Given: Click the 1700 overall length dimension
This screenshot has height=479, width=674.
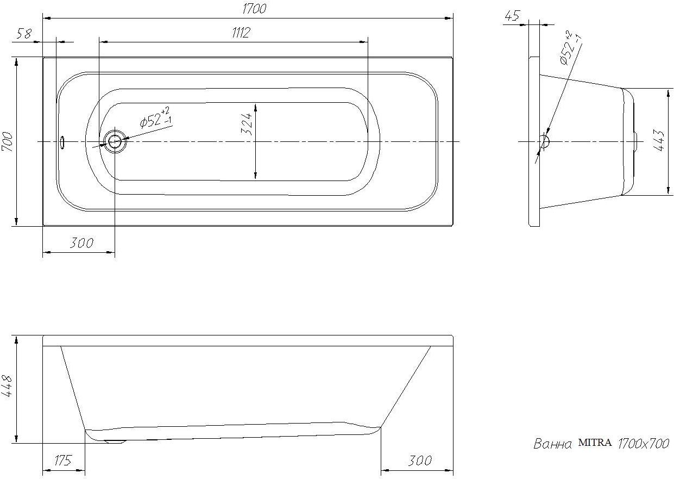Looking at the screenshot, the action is [x=254, y=9].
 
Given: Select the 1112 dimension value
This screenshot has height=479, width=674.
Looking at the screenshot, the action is [x=241, y=33].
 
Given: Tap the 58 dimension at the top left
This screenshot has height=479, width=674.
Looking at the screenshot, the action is [x=24, y=34].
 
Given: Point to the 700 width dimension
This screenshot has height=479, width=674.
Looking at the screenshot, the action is [x=8, y=141].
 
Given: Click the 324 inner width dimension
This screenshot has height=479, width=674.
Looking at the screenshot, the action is [x=247, y=124].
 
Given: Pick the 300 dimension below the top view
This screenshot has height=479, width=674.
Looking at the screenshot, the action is [x=81, y=243].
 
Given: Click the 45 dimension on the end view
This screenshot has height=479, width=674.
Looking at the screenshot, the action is [x=512, y=16].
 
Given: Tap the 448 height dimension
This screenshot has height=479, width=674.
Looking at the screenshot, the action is [x=7, y=386].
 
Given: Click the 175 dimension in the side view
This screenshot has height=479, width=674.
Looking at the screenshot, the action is [x=63, y=461].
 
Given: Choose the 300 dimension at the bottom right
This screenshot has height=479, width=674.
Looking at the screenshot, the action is [x=420, y=461].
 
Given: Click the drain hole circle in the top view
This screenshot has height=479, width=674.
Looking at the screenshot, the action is [x=115, y=141].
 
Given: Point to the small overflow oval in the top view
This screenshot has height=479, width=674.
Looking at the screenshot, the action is [x=62, y=142].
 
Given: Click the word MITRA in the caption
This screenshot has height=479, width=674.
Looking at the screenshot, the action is [x=595, y=443].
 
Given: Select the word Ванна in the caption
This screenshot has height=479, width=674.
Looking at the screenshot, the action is [x=552, y=444].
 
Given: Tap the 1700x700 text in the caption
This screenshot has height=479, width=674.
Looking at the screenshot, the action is [x=644, y=444].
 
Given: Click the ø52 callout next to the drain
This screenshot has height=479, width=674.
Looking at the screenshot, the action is [x=156, y=118].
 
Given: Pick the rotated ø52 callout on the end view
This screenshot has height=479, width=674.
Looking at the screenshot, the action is [x=570, y=48].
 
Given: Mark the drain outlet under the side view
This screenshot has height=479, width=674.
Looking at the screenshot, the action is [x=115, y=441].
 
